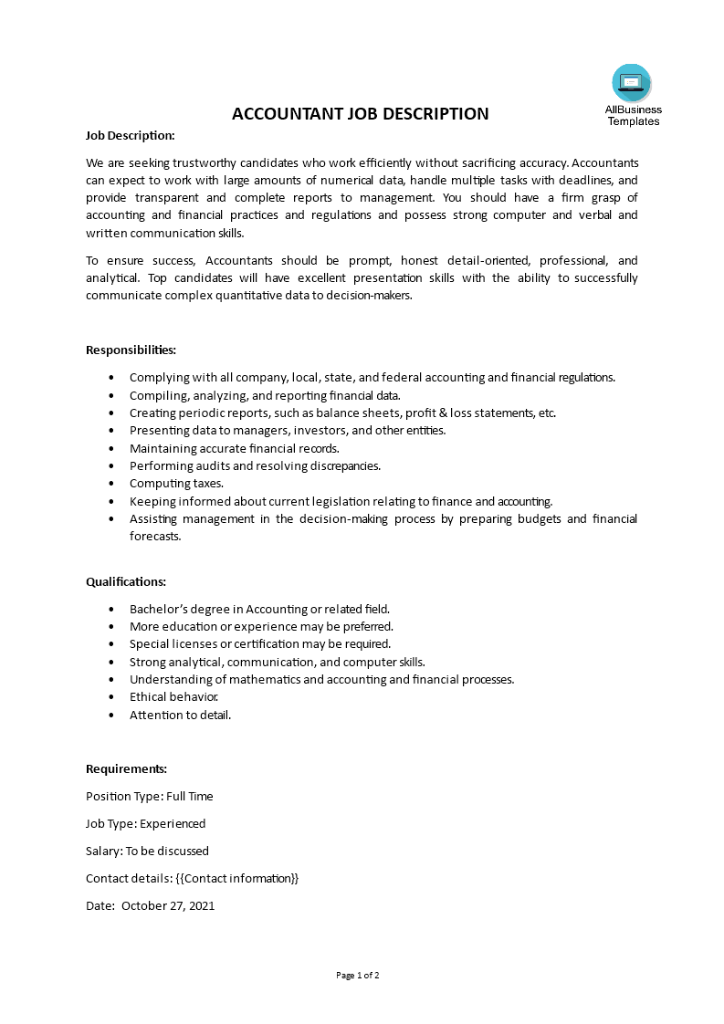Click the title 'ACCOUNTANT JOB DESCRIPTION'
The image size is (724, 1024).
pos(361,114)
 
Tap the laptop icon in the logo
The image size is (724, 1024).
pos(632,83)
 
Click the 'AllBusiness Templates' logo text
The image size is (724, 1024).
pos(633,115)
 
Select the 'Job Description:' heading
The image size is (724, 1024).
pos(130,135)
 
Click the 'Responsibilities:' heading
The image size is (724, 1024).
pos(131,350)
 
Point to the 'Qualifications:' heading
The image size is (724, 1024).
pos(126,581)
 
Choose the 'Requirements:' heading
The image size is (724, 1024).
pos(126,768)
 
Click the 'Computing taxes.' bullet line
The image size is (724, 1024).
pos(176,484)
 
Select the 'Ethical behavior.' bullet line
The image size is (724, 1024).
pos(173,697)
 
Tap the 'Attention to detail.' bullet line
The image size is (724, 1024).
pos(180,715)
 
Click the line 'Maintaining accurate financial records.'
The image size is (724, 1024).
pos(235,448)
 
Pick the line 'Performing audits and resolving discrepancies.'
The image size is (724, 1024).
pos(255,465)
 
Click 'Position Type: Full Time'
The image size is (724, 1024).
pos(149,796)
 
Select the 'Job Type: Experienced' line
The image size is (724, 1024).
pos(145,823)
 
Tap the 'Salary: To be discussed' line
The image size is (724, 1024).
pos(147,851)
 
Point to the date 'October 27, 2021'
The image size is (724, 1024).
pos(168,906)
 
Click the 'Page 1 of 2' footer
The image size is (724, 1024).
pos(358,975)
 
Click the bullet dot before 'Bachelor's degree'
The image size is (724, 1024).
pos(111,609)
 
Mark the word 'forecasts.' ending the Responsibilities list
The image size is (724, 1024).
pos(155,537)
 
